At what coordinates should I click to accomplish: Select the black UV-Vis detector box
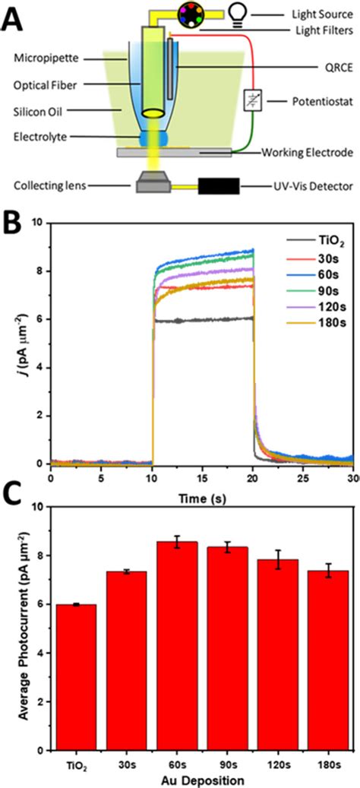pos(219,186)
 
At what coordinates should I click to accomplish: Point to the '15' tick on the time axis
pos(202,476)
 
